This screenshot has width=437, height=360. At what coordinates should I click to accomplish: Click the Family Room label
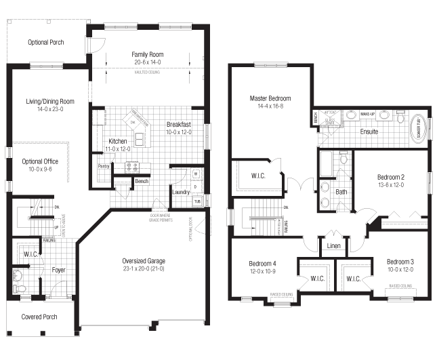point(147,55)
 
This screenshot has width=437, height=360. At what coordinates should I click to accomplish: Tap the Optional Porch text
point(46,42)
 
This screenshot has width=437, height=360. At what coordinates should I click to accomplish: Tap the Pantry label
point(104,166)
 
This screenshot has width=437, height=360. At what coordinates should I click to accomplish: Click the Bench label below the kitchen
point(142,181)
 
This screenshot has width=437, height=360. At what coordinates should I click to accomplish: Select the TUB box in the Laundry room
point(196,201)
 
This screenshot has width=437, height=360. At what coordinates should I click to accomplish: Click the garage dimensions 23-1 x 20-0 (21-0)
point(143,268)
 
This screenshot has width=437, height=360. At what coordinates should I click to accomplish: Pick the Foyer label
point(59,270)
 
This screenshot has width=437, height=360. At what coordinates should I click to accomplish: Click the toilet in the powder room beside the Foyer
point(18,276)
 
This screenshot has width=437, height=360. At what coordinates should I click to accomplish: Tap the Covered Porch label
point(39,317)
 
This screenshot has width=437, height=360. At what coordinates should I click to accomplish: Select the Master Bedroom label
point(266,98)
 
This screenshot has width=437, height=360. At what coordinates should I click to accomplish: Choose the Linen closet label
point(333,245)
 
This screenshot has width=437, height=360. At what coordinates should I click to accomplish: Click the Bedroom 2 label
point(391,178)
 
